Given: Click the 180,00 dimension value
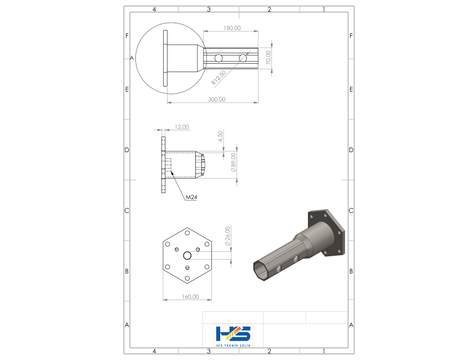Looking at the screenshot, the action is click(x=232, y=28).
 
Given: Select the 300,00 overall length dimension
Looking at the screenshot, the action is click(x=217, y=99).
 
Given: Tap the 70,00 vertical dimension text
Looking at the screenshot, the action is click(x=269, y=57).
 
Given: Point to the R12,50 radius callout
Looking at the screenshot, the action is click(x=219, y=78).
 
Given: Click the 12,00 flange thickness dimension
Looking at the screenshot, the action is click(x=181, y=127).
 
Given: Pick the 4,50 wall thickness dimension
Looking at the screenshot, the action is click(x=220, y=136).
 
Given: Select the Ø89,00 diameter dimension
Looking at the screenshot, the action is click(x=234, y=163).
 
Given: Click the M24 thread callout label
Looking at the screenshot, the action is click(x=191, y=197).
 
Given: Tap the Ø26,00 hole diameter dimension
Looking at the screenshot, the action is click(x=227, y=236).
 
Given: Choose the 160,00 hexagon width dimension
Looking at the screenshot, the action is click(x=190, y=297).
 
